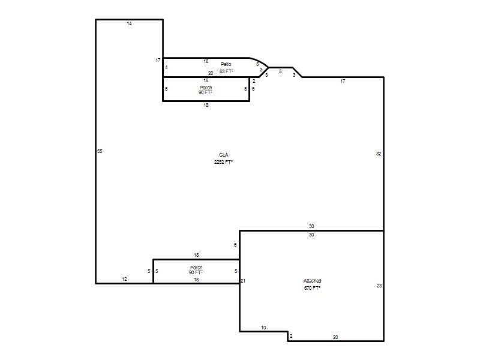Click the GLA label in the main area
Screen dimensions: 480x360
[223, 155]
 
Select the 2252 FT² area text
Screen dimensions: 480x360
[223, 162]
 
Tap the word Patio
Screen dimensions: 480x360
[226, 64]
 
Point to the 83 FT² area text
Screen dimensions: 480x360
[226, 71]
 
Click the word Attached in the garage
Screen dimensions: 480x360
[312, 281]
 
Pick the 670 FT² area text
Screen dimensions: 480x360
[312, 288]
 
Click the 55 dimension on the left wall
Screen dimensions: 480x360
[100, 151]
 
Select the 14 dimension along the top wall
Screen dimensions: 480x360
[129, 23]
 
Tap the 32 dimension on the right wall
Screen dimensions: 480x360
[379, 154]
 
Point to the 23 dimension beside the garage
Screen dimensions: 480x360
[379, 286]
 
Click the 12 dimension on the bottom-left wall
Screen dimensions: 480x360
[124, 279]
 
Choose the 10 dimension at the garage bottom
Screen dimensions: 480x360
[263, 328]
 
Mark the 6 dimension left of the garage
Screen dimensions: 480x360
[235, 245]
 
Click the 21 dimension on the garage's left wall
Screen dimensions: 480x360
[243, 281]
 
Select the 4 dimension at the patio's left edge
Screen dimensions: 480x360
[166, 67]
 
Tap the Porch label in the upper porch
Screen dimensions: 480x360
[206, 88]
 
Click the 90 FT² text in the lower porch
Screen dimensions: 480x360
[196, 272]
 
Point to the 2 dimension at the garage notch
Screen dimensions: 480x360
[291, 336]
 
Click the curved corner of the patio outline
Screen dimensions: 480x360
[259, 61]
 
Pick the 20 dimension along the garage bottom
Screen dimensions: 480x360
[335, 337]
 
